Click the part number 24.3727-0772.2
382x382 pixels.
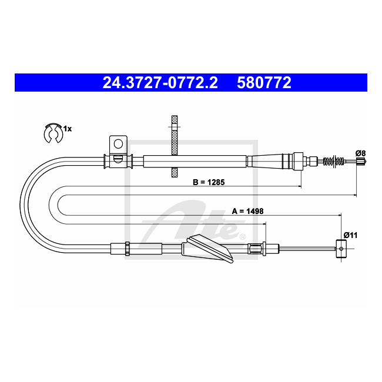tap(160, 82)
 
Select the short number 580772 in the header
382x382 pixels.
tap(264, 82)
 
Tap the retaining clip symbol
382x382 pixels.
tap(53, 133)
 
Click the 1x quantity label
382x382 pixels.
tap(68, 129)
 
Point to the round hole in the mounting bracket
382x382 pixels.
tap(118, 144)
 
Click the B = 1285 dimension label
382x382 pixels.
tap(209, 182)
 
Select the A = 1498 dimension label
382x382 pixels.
tap(247, 211)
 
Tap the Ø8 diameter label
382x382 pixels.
tap(361, 153)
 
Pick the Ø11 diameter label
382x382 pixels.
tap(350, 235)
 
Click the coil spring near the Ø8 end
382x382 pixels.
tap(334, 161)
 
